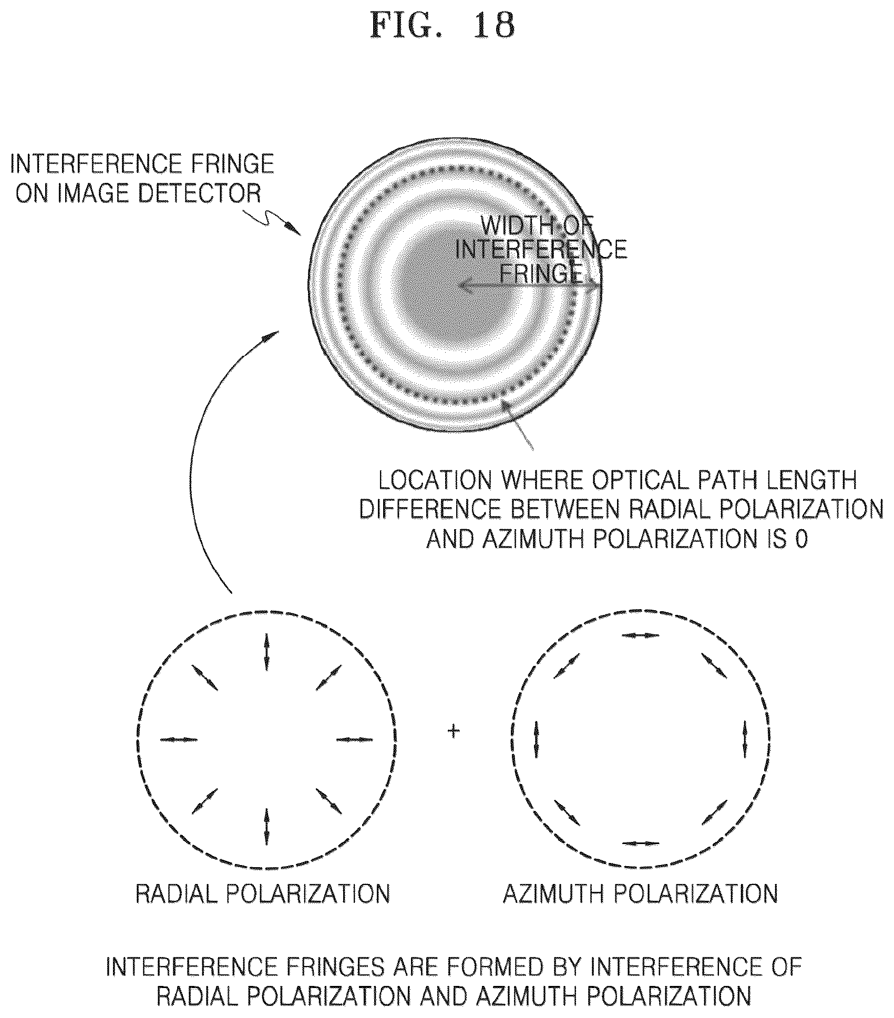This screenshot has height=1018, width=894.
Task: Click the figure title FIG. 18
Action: click(442, 25)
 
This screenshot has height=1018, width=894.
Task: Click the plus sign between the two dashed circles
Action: click(453, 731)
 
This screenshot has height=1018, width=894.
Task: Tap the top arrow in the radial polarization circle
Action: click(266, 652)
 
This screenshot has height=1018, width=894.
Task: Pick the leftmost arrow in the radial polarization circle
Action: click(179, 739)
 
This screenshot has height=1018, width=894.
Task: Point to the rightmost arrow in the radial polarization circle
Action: click(354, 739)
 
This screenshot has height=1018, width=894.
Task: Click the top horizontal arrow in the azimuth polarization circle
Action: click(640, 635)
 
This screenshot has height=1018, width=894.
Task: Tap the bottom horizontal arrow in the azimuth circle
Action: click(640, 843)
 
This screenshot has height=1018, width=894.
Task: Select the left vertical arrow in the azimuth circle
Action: click(536, 739)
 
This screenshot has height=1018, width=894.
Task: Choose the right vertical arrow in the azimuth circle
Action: click(745, 739)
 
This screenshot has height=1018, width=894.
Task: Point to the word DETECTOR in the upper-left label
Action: click(199, 193)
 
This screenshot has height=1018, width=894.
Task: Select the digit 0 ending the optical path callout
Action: click(801, 540)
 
